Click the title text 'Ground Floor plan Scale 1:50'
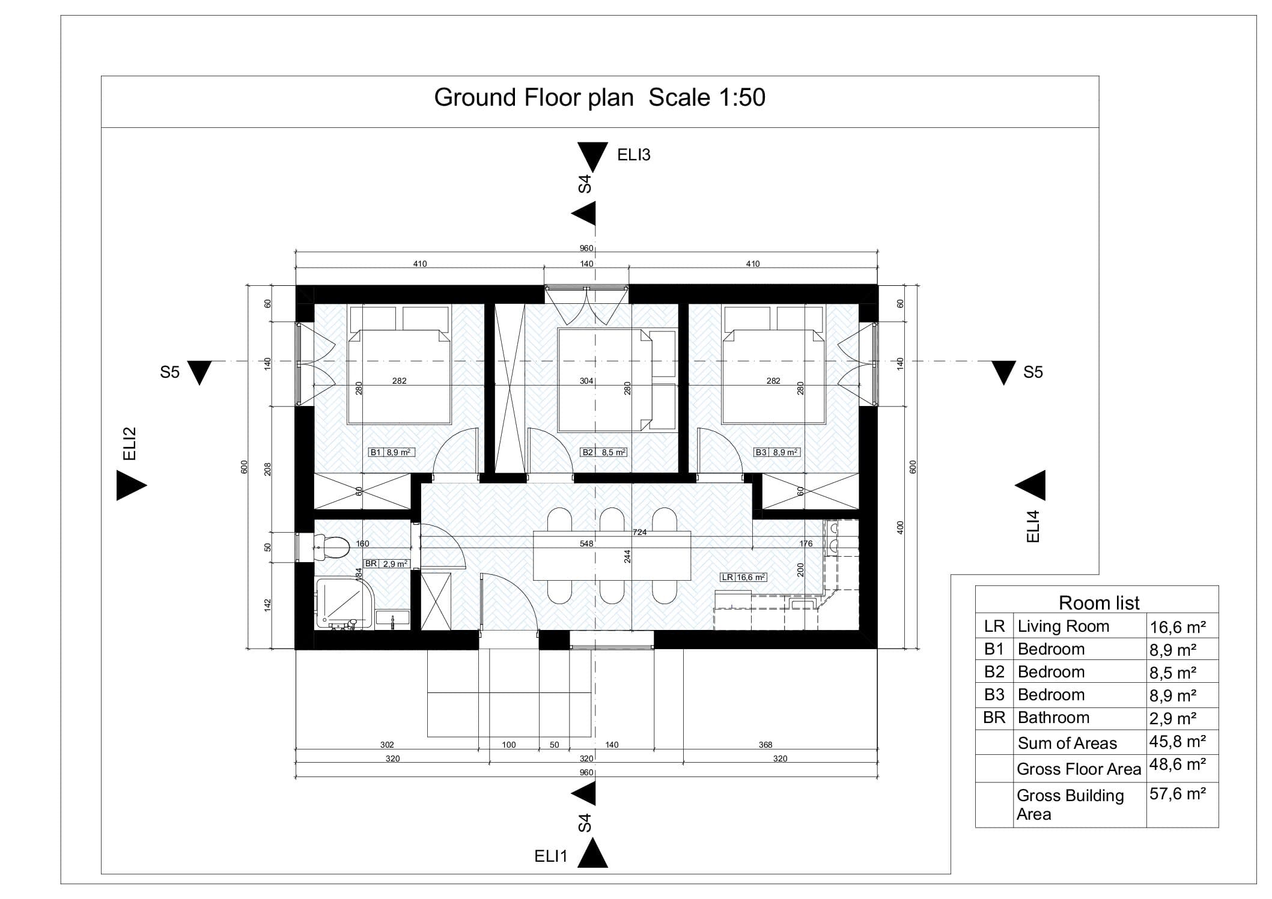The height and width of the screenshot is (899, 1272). click(x=600, y=97)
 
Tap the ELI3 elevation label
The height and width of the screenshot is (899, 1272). click(x=634, y=155)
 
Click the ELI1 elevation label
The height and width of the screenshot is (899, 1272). click(x=550, y=856)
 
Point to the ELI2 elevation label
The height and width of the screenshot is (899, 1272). click(x=130, y=444)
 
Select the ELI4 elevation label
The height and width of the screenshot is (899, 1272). click(x=1033, y=526)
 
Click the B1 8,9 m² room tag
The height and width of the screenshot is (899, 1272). click(x=392, y=452)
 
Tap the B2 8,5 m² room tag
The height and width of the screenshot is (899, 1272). click(x=603, y=452)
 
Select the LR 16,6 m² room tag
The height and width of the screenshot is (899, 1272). click(x=743, y=577)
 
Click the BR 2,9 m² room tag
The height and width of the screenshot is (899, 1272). click(x=386, y=564)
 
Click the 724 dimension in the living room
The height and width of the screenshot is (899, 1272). click(x=639, y=532)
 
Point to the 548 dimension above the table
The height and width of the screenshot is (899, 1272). click(x=586, y=543)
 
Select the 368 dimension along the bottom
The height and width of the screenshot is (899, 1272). click(x=765, y=745)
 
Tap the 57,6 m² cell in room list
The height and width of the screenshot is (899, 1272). click(x=1178, y=794)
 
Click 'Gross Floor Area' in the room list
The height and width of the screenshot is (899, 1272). click(x=1079, y=769)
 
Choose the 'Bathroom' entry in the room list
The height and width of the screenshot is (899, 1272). click(x=1053, y=718)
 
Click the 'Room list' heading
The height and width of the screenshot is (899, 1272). click(x=1099, y=602)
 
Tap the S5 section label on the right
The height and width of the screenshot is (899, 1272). click(x=1033, y=372)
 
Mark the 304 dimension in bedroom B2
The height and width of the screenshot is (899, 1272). click(x=586, y=381)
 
